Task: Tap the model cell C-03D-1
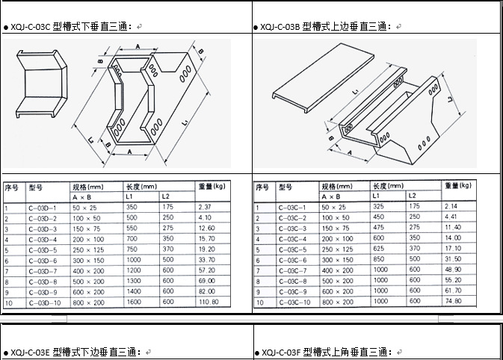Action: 43,207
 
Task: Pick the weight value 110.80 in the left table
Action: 209,302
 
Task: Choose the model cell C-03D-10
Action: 44,302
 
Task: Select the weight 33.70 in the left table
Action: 207,260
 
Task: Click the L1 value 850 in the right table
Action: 379,259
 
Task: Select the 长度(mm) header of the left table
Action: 141,186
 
